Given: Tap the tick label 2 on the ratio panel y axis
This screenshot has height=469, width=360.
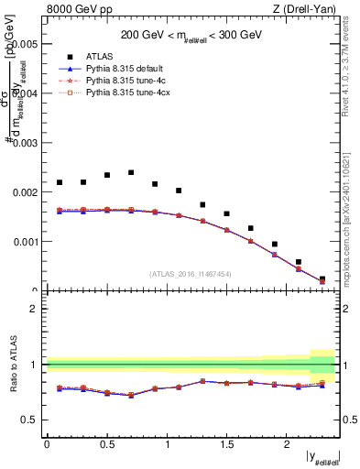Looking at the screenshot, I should coord(34,309).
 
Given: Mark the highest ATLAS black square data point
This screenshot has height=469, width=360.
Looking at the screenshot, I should coord(131,172).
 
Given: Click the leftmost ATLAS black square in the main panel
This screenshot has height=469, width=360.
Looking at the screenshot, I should coord(60,182).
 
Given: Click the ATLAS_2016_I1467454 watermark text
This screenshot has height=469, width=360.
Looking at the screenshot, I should coord(191,274).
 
